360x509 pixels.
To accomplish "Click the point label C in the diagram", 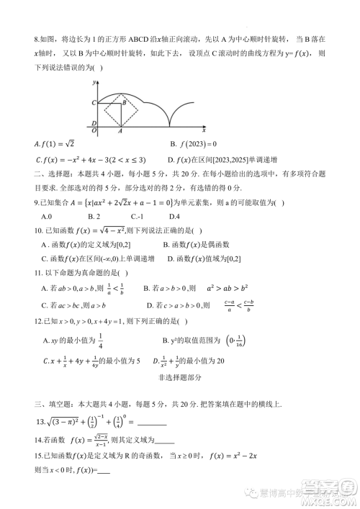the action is [x=94, y=104].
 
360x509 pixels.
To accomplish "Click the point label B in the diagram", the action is [x=124, y=103].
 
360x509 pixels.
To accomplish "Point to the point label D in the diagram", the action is [x=94, y=124].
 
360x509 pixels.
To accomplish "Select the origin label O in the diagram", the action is [x=94, y=131].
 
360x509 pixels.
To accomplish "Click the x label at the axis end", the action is [x=204, y=132].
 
